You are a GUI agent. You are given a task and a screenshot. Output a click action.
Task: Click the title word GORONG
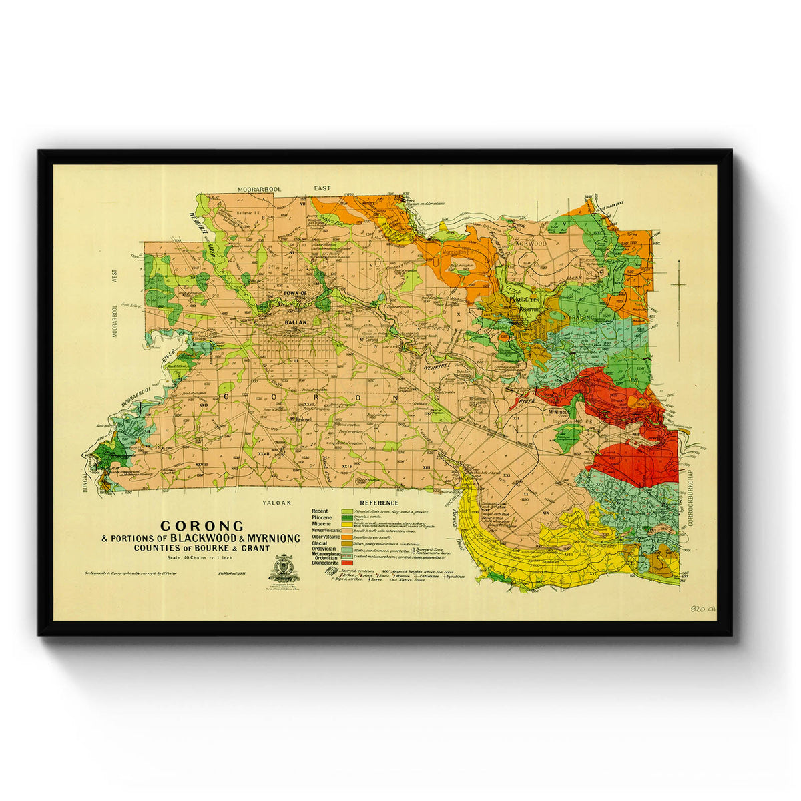[202, 526]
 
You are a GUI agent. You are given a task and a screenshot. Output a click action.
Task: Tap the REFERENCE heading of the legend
[379, 503]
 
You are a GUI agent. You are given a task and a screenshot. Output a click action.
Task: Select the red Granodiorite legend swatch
[346, 563]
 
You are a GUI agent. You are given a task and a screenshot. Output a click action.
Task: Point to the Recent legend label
[320, 511]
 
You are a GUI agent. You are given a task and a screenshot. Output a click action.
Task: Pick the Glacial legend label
[320, 543]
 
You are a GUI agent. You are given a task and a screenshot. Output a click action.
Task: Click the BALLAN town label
[294, 322]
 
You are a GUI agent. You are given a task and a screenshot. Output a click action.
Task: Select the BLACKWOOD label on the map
[527, 244]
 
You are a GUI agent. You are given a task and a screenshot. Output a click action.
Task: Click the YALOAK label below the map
[274, 505]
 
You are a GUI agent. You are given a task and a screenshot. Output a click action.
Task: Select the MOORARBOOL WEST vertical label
[115, 304]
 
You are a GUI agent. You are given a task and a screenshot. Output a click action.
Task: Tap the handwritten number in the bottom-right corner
[704, 609]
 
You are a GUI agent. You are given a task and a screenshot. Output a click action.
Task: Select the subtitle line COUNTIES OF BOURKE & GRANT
[202, 548]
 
